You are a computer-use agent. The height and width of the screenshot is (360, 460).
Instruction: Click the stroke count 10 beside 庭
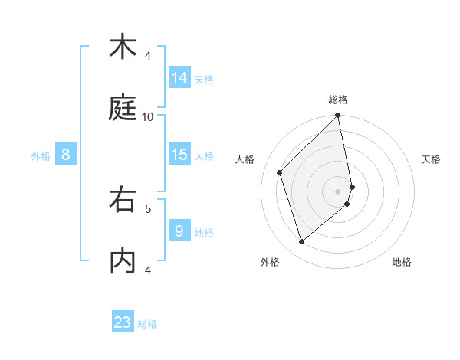coord(148,116)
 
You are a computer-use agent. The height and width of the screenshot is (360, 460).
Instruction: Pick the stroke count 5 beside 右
coord(148,208)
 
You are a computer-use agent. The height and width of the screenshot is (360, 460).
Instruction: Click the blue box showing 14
coord(179,78)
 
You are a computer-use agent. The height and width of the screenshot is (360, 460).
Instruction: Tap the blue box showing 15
coord(179,155)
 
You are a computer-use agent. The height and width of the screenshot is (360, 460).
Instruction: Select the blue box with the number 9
coord(179,231)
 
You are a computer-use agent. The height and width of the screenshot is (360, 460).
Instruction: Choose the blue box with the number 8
coord(66,155)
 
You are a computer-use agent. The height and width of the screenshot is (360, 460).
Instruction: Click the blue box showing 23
coord(123,322)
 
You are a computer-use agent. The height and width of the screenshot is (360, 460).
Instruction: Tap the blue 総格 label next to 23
coord(147,324)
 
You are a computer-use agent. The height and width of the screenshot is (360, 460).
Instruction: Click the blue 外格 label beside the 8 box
coord(41,156)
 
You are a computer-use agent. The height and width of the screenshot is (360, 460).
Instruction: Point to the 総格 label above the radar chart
coord(338,100)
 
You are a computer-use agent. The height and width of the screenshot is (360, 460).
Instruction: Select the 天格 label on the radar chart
coord(431,159)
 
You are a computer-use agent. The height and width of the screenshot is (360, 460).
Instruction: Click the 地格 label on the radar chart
coord(402,262)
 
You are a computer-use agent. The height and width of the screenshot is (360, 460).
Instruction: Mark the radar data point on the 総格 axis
coord(338,116)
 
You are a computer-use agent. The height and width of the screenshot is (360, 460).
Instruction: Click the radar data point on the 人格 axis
coord(280,172)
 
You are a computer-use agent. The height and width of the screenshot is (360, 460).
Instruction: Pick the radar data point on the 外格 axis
coord(301,242)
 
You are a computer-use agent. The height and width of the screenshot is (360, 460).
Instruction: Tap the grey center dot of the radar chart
coord(338,191)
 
